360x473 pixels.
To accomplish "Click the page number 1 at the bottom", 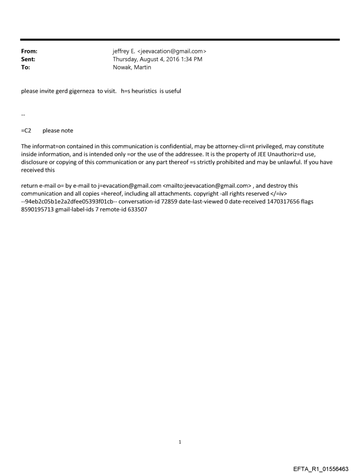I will tap(180, 442).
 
